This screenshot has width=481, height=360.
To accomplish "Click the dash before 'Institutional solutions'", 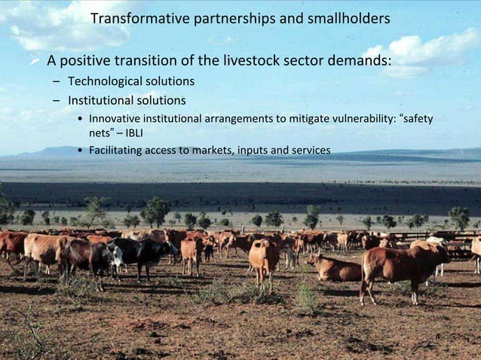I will point(57,100).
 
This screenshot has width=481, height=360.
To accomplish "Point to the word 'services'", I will point(308,151).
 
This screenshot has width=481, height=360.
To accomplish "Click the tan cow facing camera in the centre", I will point(264,258).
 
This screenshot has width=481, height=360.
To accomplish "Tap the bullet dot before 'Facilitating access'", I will point(80,151).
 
